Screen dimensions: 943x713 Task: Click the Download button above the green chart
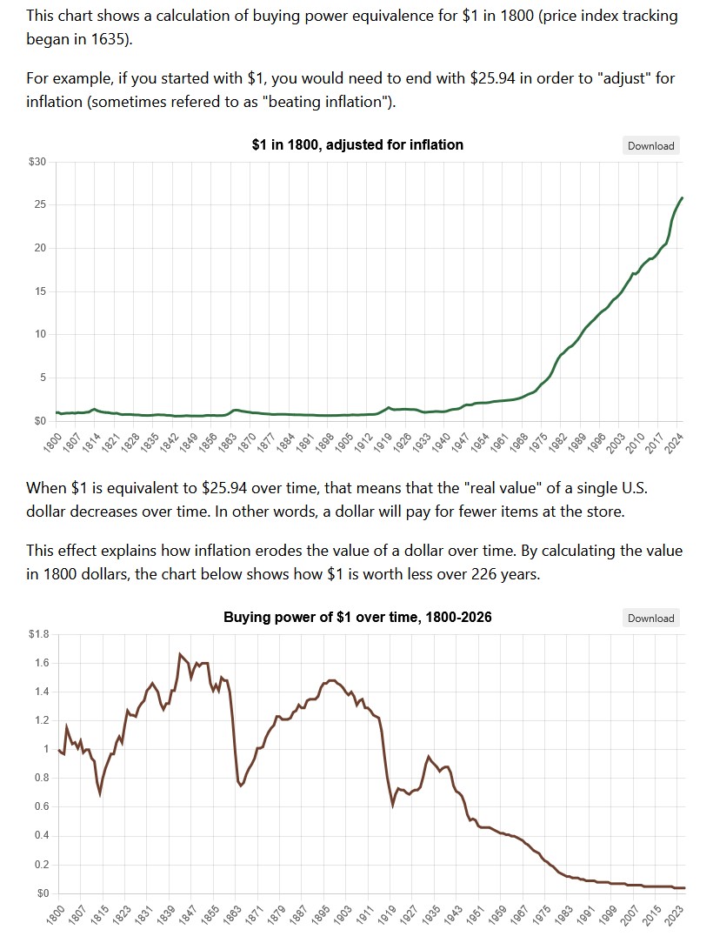[x=650, y=145]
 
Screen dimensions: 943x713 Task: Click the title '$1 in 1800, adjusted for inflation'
[x=356, y=144]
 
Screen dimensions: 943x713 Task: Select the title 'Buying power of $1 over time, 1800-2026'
[x=357, y=617]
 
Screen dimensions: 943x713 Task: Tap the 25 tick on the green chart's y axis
[x=40, y=205]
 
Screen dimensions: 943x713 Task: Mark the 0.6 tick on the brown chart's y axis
[x=40, y=807]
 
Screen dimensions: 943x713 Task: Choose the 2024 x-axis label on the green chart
[x=674, y=441]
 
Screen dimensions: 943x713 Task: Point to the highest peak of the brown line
[x=180, y=654]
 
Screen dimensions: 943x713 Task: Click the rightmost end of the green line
[x=682, y=198]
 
